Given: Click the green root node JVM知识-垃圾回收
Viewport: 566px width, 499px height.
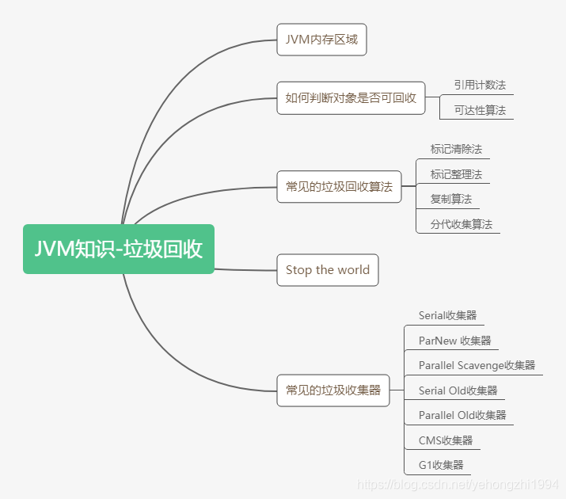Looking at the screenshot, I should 119,249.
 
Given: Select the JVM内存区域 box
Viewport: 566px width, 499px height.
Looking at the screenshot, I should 321,40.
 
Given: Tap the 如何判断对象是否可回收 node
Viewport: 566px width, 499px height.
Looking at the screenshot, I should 351,98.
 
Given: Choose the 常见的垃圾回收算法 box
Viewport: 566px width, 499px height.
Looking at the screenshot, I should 339,187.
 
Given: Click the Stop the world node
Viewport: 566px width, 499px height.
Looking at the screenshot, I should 328,270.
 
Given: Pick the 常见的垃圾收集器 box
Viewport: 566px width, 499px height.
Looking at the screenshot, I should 333,390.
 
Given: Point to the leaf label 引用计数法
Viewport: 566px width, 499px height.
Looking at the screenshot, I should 480,85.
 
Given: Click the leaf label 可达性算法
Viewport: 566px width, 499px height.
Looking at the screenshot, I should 480,110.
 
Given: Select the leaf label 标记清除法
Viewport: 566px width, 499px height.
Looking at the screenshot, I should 456,149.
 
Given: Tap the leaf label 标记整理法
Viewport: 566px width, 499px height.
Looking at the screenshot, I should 456,174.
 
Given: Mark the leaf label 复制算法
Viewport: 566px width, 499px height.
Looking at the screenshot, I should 450,200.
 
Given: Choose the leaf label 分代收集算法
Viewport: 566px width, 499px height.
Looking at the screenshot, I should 462,224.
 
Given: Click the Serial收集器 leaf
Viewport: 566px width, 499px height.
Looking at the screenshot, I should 448,315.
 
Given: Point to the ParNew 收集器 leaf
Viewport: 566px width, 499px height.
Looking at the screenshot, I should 455,341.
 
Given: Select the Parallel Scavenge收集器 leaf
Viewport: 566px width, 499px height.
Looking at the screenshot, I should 477,365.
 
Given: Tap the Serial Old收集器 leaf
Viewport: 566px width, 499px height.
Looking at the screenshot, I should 458,390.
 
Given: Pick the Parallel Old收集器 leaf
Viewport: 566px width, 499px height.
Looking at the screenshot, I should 462,415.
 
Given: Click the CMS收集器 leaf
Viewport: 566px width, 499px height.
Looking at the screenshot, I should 446,440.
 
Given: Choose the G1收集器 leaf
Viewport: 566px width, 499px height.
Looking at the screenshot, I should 441,465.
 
